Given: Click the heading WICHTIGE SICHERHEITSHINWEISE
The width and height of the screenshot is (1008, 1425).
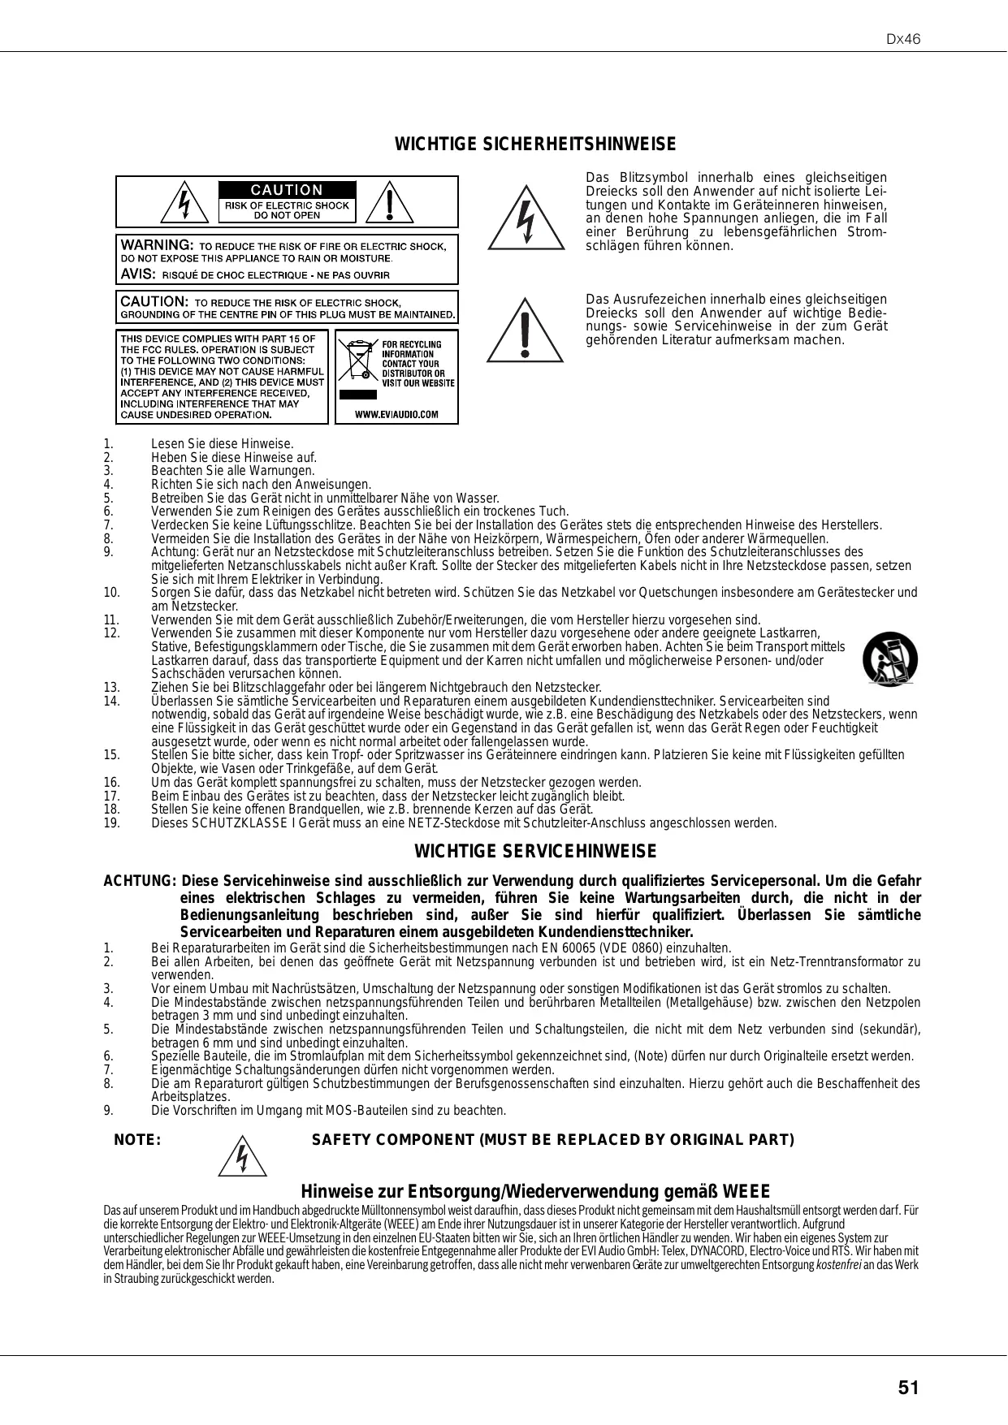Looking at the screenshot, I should [534, 145].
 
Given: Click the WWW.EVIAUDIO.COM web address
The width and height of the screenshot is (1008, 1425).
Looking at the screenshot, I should [397, 414].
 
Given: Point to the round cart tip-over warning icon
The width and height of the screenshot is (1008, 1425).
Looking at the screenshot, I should [890, 659].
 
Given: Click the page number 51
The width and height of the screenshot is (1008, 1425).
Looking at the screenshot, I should [909, 1388].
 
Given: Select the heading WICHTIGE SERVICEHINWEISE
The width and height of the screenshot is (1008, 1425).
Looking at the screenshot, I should [535, 852].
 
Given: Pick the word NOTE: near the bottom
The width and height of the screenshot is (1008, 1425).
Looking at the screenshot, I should [138, 1140].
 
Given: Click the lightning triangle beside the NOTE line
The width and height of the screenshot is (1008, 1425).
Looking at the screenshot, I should [243, 1158].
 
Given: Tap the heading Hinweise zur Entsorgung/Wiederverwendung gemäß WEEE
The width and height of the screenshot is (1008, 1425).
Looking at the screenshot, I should [535, 1192].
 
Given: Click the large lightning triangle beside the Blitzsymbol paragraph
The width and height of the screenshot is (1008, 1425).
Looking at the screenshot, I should [526, 218].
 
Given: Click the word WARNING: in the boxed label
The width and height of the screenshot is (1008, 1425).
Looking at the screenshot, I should [157, 244].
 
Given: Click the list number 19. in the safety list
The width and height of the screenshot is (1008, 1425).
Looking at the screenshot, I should [112, 823].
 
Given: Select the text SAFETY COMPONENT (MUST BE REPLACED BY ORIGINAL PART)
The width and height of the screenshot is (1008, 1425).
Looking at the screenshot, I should [553, 1140].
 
